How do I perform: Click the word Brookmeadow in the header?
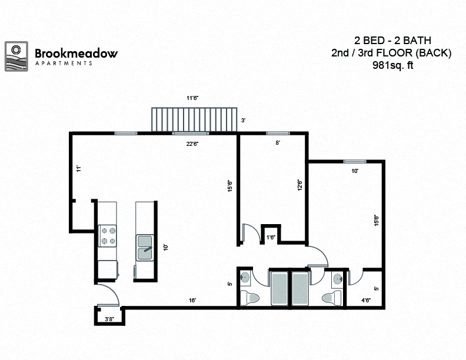(x=76, y=53)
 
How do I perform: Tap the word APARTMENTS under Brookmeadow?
(x=64, y=63)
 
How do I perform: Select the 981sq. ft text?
(x=393, y=66)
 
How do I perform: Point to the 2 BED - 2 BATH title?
(x=393, y=41)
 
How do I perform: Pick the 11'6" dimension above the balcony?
(x=192, y=98)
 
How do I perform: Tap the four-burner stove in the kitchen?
(x=107, y=235)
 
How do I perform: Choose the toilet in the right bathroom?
(x=334, y=296)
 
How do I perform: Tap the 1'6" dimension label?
(x=271, y=237)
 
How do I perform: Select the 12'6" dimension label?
(x=299, y=185)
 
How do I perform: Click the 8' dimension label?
(x=278, y=142)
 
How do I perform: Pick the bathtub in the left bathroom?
(x=279, y=288)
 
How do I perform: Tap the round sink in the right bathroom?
(x=337, y=278)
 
